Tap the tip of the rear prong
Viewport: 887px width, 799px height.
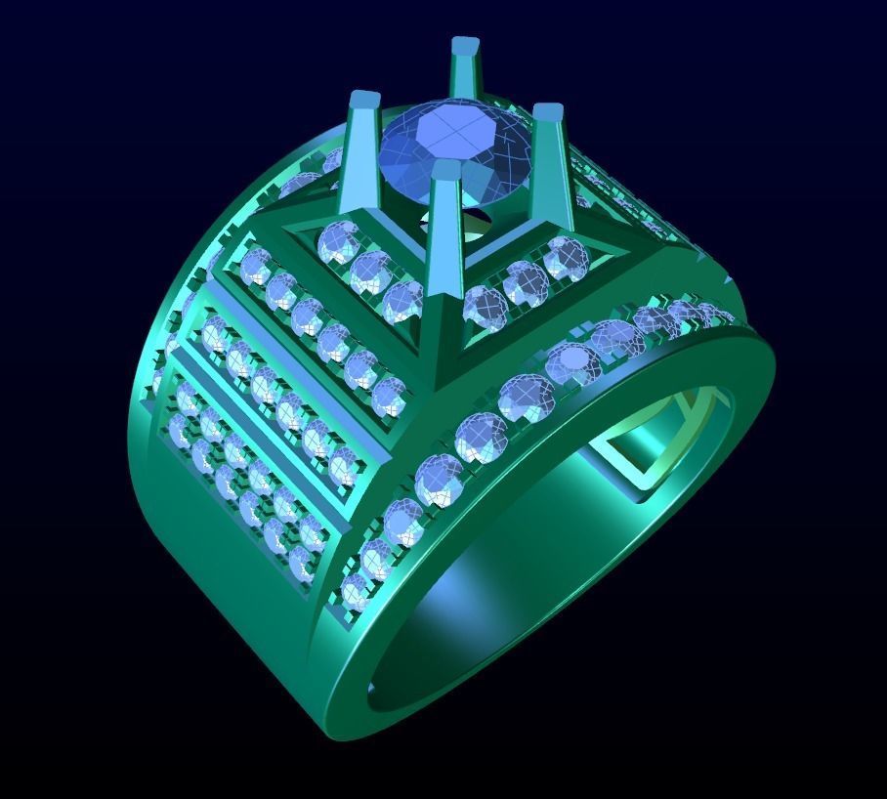tap(465, 46)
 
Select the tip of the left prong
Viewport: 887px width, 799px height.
tap(363, 100)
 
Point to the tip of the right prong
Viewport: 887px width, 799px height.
tap(548, 112)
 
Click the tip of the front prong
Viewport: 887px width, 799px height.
tap(444, 171)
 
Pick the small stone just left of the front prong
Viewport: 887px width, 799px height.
tap(403, 300)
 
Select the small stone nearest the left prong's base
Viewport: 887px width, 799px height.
tap(337, 240)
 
